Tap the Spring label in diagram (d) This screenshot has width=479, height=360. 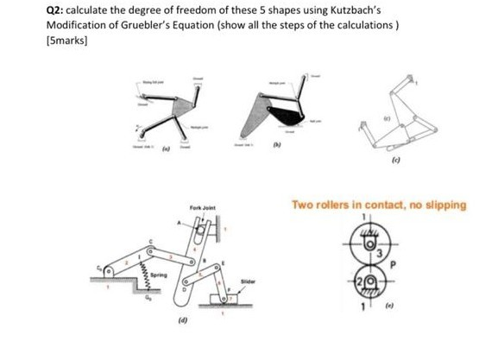click(134, 275)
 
